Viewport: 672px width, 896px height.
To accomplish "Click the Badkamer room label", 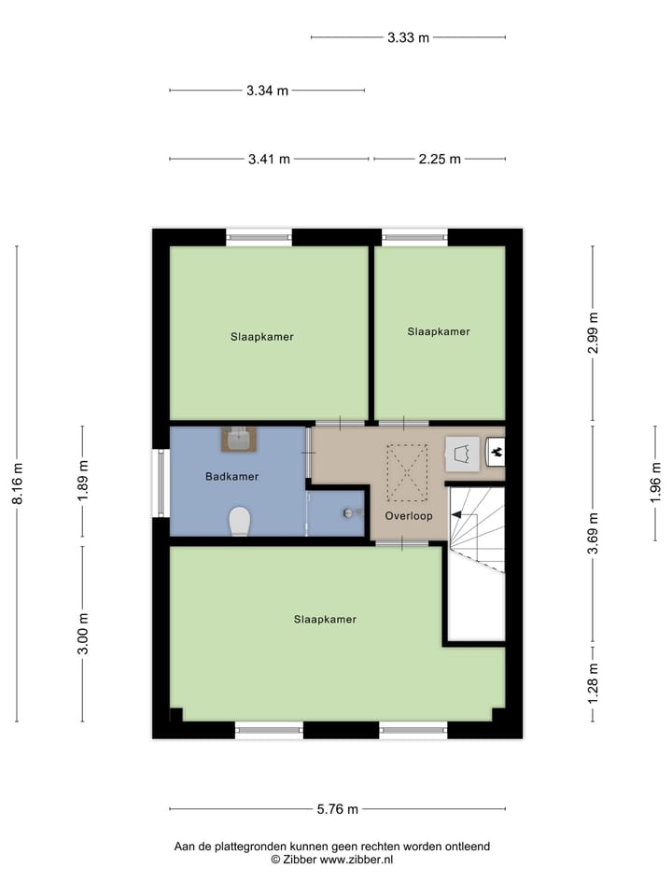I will [231, 476].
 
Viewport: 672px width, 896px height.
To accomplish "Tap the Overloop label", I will [408, 515].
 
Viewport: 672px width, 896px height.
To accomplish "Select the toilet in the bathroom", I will [240, 521].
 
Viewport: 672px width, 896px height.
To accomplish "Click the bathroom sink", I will [239, 439].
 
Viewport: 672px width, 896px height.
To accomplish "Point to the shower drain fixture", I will [350, 512].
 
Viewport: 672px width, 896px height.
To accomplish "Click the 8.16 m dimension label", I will [17, 483].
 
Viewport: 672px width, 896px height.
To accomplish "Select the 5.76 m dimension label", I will [336, 809].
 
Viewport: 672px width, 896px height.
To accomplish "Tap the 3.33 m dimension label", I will [408, 37].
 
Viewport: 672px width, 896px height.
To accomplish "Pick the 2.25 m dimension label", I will [439, 159].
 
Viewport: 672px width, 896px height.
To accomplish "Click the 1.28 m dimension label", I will [592, 681].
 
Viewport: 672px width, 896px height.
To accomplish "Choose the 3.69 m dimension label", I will [592, 536].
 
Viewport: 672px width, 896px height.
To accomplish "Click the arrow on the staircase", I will [458, 514].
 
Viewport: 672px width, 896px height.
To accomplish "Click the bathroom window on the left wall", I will [161, 483].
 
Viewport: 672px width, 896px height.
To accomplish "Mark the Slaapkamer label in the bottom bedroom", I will [325, 619].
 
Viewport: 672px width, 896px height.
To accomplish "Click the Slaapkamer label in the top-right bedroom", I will [439, 331].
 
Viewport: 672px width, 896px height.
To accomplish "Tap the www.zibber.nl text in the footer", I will [357, 860].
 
